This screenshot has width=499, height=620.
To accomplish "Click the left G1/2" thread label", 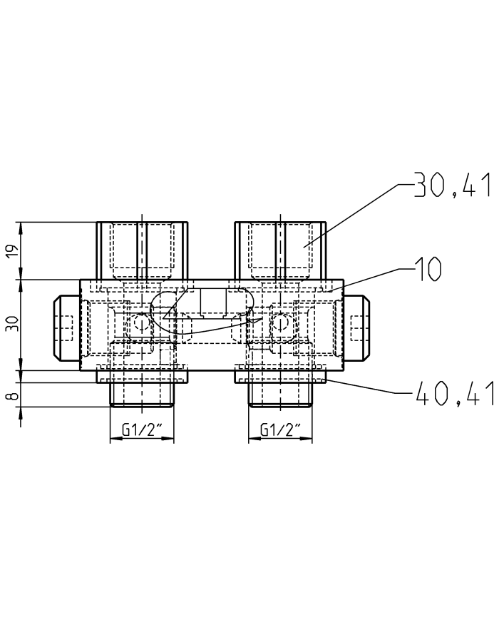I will coord(143,430).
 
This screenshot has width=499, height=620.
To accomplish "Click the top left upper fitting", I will coord(143,250).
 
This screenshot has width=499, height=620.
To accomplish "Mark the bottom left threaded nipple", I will coord(143,395).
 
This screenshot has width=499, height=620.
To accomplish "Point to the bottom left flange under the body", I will coord(143,376).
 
